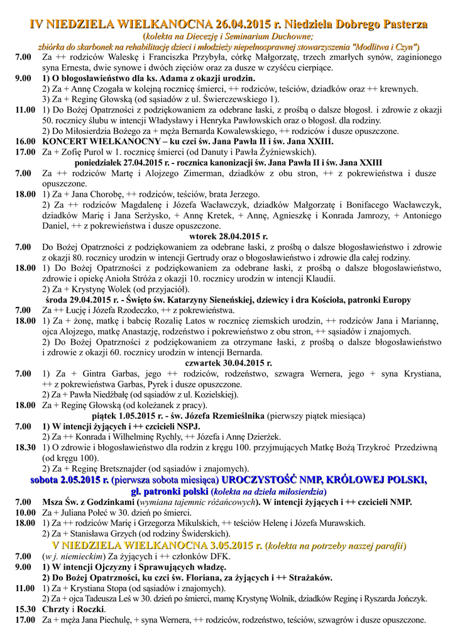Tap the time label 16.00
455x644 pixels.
click(x=25, y=142)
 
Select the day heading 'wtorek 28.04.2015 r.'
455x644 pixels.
click(x=227, y=237)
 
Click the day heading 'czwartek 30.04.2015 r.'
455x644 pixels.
click(x=227, y=363)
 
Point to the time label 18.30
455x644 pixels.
click(x=25, y=447)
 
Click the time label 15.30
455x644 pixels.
click(x=25, y=609)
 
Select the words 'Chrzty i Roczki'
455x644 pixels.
click(x=74, y=609)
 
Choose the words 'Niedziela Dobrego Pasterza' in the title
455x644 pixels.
click(x=356, y=25)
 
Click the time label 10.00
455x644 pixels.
click(x=25, y=512)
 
